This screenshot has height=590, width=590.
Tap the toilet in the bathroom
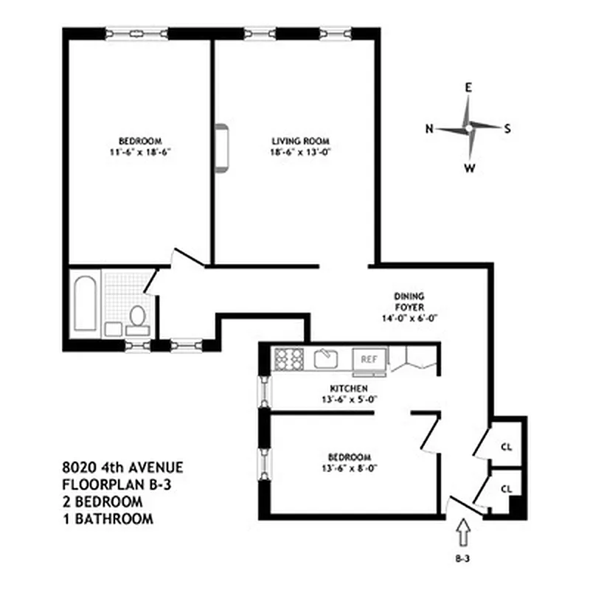pyautogui.click(x=137, y=317)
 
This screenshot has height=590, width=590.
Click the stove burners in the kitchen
pyautogui.click(x=288, y=358)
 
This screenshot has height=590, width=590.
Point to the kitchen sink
pyautogui.click(x=324, y=359)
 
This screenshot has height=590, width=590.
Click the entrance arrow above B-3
pyautogui.click(x=463, y=531)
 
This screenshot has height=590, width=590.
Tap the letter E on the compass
pyautogui.click(x=468, y=87)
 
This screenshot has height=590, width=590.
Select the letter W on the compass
pyautogui.click(x=468, y=168)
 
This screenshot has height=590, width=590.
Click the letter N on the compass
pyautogui.click(x=428, y=128)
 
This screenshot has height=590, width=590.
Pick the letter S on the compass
pyautogui.click(x=507, y=128)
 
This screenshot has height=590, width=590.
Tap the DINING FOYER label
pyautogui.click(x=409, y=302)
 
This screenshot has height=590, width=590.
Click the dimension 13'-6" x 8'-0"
pyautogui.click(x=346, y=468)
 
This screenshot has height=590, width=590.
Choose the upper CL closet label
pyautogui.click(x=507, y=447)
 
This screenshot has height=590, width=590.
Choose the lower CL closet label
pyautogui.click(x=507, y=488)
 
